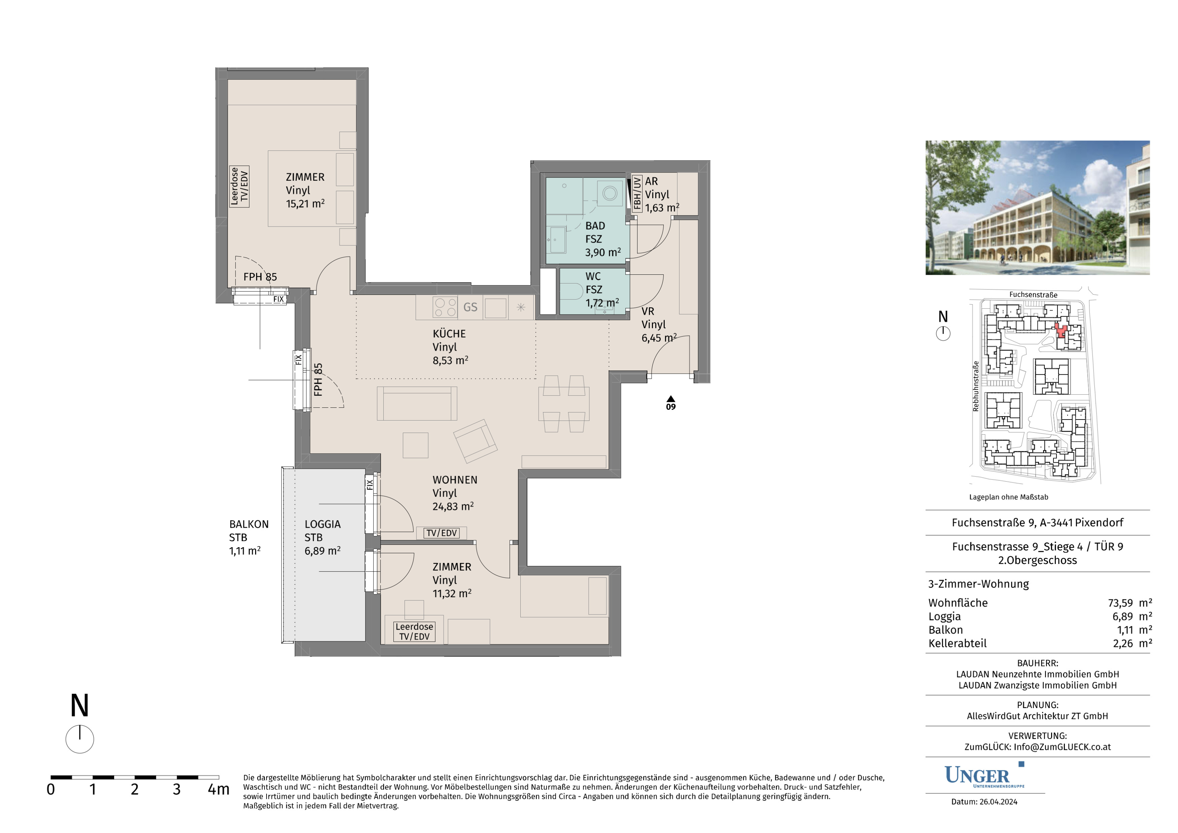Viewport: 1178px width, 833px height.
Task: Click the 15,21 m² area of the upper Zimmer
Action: point(305,204)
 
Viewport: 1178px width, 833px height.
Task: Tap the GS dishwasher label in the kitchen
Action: point(471,307)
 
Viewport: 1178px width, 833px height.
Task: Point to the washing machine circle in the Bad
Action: point(610,193)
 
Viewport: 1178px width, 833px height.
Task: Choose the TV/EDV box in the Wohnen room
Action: point(442,533)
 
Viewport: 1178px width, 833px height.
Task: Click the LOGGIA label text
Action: point(323,524)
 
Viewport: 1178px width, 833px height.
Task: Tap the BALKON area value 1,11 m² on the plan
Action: point(245,551)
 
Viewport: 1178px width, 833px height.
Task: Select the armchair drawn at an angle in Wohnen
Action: point(476,441)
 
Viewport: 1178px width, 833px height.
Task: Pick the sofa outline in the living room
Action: point(417,403)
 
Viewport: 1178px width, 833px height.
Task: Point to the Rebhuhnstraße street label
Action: point(976,386)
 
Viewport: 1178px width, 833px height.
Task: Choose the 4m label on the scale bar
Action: point(218,789)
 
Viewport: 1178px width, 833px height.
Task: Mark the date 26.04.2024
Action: point(998,802)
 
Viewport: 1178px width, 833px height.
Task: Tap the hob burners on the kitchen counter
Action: point(445,307)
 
